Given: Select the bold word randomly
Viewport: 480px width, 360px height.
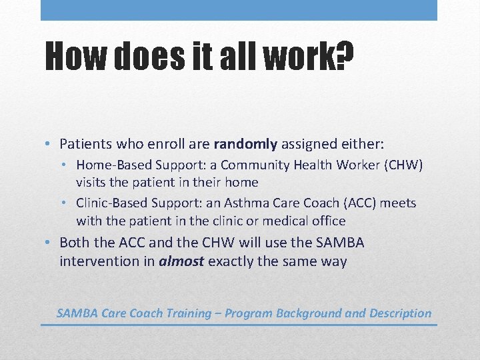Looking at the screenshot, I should coord(245,143).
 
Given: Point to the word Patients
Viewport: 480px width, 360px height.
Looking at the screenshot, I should coord(85,143).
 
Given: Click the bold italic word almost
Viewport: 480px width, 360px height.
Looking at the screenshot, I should coord(181,261).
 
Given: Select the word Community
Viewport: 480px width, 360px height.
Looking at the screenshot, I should coord(249,165).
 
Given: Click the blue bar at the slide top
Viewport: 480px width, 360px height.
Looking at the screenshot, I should coord(239,10).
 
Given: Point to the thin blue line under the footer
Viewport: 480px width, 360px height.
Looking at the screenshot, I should coord(239,325).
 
